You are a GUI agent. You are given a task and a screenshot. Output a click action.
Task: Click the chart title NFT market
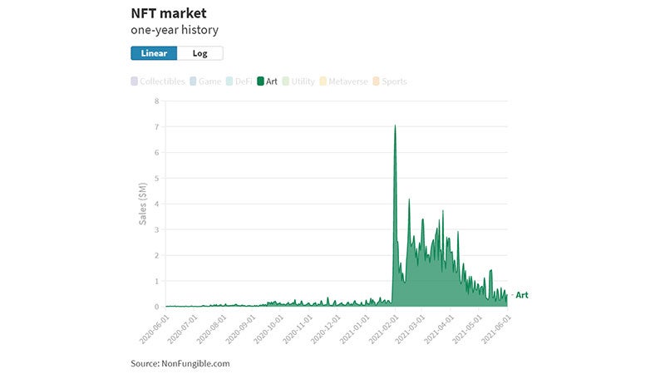point(168,13)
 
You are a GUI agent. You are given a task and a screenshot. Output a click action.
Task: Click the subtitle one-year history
point(175,31)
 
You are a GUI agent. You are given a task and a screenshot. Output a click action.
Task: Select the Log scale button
point(199,53)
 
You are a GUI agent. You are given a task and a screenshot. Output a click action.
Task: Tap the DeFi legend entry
point(239,81)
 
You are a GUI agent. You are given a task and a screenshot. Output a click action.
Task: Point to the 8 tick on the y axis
point(156,101)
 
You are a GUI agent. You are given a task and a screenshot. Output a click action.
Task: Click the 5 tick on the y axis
point(156,178)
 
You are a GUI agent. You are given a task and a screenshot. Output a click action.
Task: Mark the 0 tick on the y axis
point(156,307)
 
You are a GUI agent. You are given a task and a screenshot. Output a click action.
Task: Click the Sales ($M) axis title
point(143,204)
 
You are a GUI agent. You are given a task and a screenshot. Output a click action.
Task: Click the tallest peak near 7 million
point(395,126)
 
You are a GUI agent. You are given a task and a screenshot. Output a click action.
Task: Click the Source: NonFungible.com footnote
point(180,363)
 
